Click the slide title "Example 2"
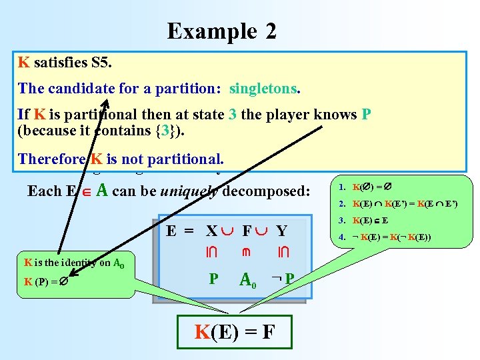pyautogui.click(x=221, y=31)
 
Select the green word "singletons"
pyautogui.click(x=264, y=88)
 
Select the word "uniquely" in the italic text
pyautogui.click(x=191, y=191)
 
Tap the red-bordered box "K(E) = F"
pyautogui.click(x=233, y=330)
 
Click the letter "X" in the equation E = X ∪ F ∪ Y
pyautogui.click(x=212, y=231)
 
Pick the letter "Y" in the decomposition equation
pyautogui.click(x=281, y=231)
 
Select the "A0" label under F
pyautogui.click(x=248, y=279)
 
